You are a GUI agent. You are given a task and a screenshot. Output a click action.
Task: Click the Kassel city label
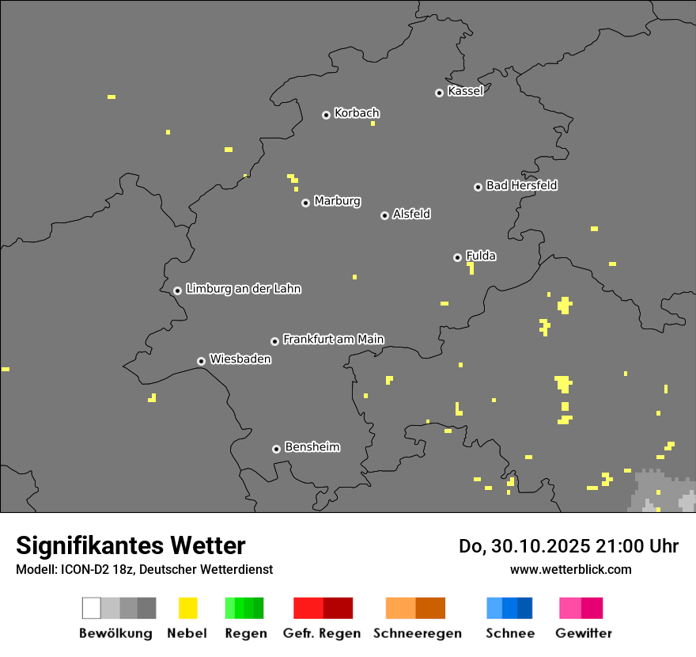pyautogui.click(x=465, y=91)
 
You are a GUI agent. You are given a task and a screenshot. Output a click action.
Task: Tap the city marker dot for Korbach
pyautogui.click(x=326, y=115)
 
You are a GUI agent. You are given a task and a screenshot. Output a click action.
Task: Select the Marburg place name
pyautogui.click(x=337, y=201)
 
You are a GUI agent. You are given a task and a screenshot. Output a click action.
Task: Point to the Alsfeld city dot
pyautogui.click(x=384, y=215)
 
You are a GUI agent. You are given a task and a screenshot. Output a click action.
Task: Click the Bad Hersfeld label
pyautogui.click(x=521, y=185)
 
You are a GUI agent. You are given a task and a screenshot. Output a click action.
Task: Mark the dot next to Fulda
pyautogui.click(x=457, y=257)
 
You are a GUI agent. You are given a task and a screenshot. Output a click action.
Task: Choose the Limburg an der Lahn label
pyautogui.click(x=243, y=289)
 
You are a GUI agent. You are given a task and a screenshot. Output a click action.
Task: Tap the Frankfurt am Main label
pyautogui.click(x=333, y=340)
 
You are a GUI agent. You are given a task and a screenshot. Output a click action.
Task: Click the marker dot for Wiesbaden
pyautogui.click(x=201, y=361)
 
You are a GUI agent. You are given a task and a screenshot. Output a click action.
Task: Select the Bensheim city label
pyautogui.click(x=312, y=447)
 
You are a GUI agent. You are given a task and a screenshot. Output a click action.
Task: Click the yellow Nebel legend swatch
pyautogui.click(x=187, y=608)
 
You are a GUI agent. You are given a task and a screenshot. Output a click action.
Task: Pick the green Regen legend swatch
pyautogui.click(x=244, y=608)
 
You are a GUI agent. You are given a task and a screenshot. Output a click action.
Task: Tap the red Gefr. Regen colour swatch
pyautogui.click(x=323, y=608)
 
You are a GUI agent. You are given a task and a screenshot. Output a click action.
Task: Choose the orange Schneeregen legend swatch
pyautogui.click(x=415, y=608)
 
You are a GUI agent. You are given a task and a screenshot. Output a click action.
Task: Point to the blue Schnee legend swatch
pyautogui.click(x=509, y=608)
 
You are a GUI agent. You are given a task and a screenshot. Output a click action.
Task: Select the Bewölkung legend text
pyautogui.click(x=115, y=633)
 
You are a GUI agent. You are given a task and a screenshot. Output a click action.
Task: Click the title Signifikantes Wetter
pyautogui.click(x=130, y=546)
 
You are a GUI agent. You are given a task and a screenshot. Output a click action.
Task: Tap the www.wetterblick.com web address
pyautogui.click(x=570, y=569)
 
